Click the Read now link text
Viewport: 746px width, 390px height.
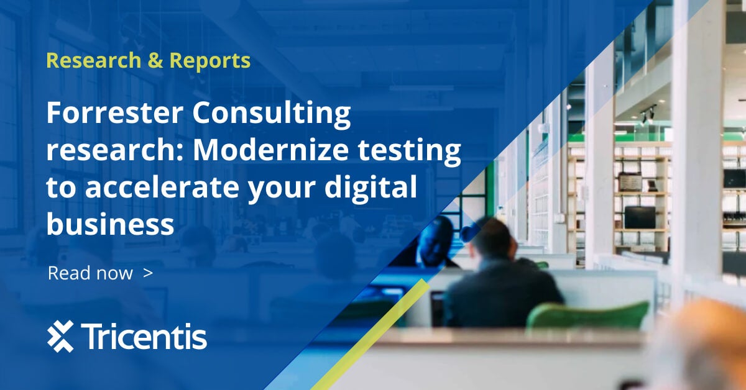tap(90, 273)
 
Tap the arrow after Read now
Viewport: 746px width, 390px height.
tap(147, 272)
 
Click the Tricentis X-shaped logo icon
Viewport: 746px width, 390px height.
tap(60, 337)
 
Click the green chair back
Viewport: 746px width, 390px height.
tap(587, 316)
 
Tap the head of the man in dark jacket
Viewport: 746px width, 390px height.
tap(491, 239)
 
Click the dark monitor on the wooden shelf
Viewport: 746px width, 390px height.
tap(640, 217)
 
